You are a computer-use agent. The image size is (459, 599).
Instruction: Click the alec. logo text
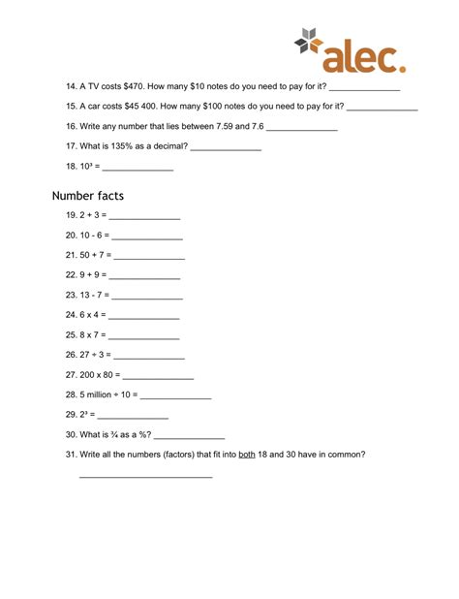[365, 55]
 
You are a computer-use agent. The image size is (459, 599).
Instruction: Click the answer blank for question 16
[301, 127]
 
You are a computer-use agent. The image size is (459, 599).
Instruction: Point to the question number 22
[71, 274]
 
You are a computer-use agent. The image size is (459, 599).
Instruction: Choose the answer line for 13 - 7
[147, 296]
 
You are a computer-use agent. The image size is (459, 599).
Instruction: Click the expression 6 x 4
[92, 315]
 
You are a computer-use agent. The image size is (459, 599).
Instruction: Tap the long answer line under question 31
[145, 477]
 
